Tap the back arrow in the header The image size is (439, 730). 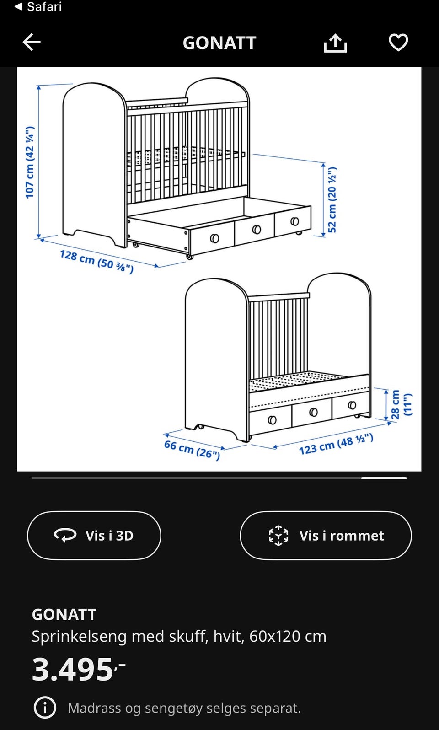(32, 42)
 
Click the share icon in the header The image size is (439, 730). (335, 43)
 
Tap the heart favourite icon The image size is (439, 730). (398, 43)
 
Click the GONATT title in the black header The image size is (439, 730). (219, 43)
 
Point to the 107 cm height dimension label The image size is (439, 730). (30, 162)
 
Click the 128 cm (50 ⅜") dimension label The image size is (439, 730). (97, 261)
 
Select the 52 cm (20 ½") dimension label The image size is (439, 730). (332, 200)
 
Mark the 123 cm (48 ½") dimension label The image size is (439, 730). (336, 444)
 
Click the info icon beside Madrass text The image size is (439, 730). (45, 708)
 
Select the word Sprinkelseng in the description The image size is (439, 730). (79, 637)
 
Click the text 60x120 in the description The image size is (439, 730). (275, 636)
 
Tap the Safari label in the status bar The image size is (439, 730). (44, 6)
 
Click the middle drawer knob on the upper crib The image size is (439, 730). (257, 230)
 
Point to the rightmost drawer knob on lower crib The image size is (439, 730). (352, 405)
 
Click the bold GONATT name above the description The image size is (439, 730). (64, 615)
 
